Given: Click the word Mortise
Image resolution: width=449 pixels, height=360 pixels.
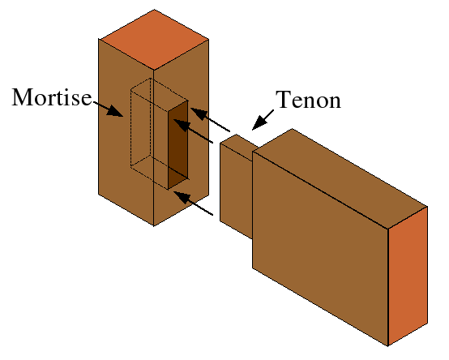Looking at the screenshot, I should point(50,98).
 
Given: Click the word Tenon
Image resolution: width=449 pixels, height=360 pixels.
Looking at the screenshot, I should point(308,101).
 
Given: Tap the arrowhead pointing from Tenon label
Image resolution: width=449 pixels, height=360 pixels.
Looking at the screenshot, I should point(257,122).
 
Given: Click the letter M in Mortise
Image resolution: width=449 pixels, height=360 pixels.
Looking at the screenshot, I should point(23,98).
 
